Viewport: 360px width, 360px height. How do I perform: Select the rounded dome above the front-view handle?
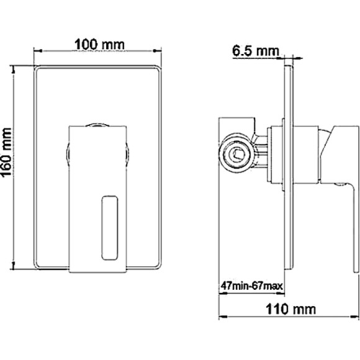[96, 124]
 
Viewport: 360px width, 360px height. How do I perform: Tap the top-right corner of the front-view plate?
[163, 65]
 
